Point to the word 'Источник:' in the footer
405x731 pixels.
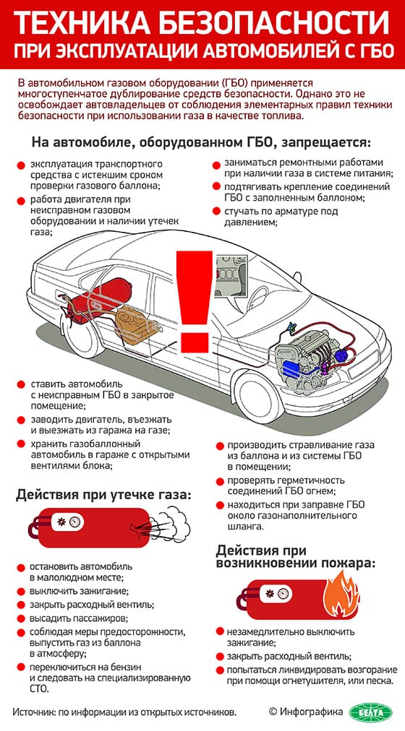(x=35, y=711)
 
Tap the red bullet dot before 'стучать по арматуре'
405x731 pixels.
(x=216, y=212)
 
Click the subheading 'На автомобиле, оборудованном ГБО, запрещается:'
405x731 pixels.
(x=201, y=141)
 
